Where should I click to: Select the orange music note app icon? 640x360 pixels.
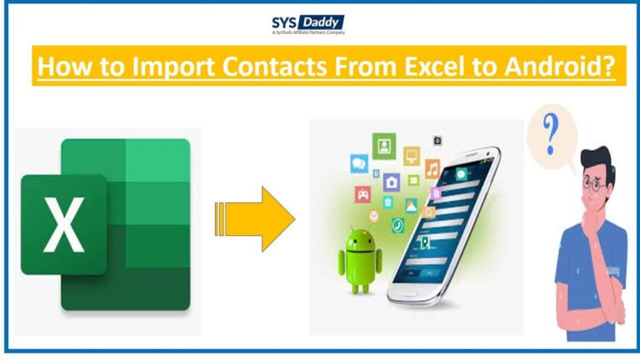[x=432, y=168]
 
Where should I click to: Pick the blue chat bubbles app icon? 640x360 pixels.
[x=359, y=164]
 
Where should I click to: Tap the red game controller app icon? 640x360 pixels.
[x=363, y=194]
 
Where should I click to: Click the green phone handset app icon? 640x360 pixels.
[x=397, y=225]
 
